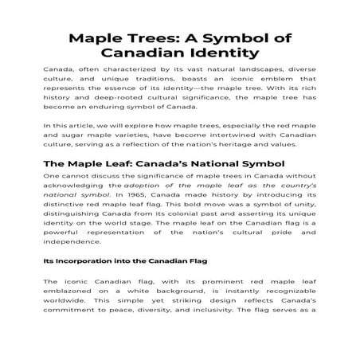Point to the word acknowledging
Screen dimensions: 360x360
77,186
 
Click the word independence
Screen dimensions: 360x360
71,241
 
